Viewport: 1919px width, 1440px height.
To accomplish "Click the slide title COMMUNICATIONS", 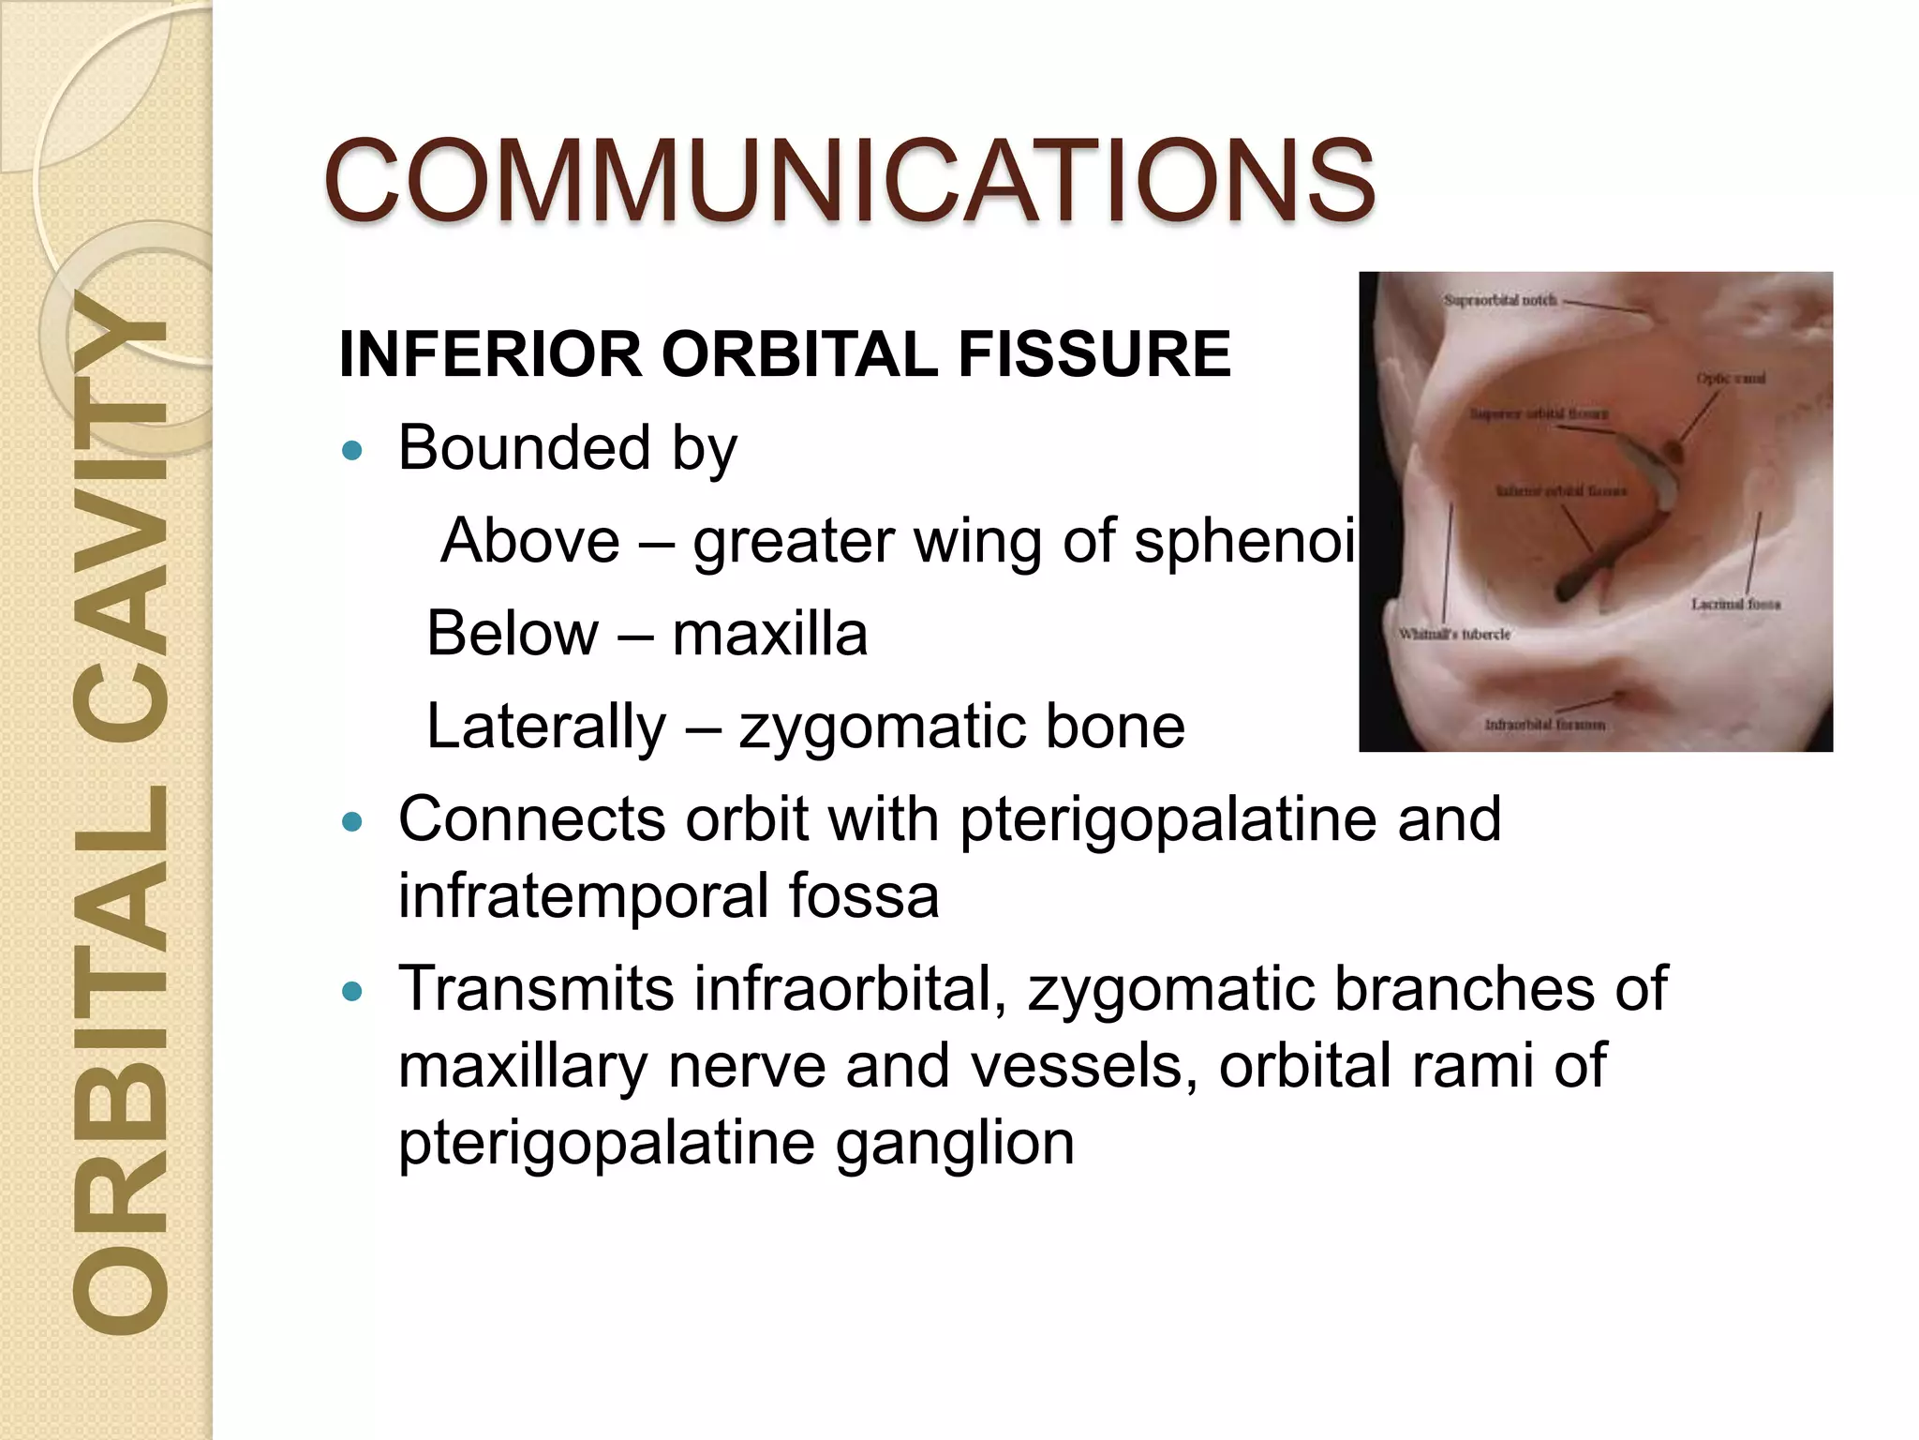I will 849,180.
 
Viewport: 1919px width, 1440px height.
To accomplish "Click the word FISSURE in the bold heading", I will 1093,354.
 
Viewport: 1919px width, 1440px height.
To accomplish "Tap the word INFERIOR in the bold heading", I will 491,354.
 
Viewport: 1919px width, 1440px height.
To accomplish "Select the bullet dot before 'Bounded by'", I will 352,451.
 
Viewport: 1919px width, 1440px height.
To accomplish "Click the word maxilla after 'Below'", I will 769,634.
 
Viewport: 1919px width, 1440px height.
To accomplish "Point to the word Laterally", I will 546,727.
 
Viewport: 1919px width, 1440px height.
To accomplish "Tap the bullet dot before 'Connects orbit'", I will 352,823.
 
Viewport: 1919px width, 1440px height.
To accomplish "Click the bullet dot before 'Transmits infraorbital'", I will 352,992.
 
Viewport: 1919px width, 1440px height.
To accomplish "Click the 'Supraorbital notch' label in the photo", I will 1499,301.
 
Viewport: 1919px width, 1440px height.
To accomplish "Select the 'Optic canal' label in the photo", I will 1731,379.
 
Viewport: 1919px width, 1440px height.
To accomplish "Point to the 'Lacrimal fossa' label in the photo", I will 1735,605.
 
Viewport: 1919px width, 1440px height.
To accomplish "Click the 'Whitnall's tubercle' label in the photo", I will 1454,635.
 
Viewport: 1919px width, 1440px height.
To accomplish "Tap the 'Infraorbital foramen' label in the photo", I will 1544,725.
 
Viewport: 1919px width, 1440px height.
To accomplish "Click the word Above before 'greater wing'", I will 530,541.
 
